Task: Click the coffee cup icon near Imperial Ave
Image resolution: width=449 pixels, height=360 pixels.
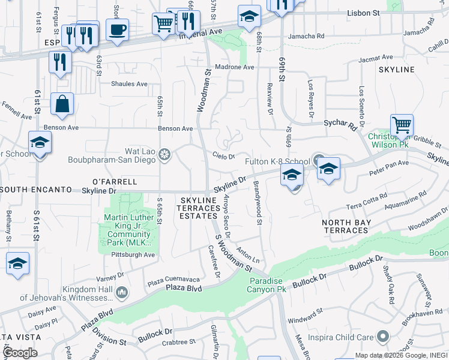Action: pyautogui.click(x=117, y=28)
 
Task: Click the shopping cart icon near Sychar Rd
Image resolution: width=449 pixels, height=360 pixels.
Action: pyautogui.click(x=402, y=125)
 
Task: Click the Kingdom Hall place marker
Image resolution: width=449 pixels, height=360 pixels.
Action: pyautogui.click(x=122, y=292)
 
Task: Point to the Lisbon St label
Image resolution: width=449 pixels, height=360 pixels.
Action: pyautogui.click(x=365, y=12)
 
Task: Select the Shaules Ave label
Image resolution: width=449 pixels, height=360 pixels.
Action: pyautogui.click(x=129, y=84)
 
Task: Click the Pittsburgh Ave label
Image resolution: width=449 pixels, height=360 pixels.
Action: pyautogui.click(x=133, y=255)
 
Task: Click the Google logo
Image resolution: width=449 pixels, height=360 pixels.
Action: pyautogui.click(x=20, y=352)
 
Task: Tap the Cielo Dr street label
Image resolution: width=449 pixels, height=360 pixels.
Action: pyautogui.click(x=223, y=156)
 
